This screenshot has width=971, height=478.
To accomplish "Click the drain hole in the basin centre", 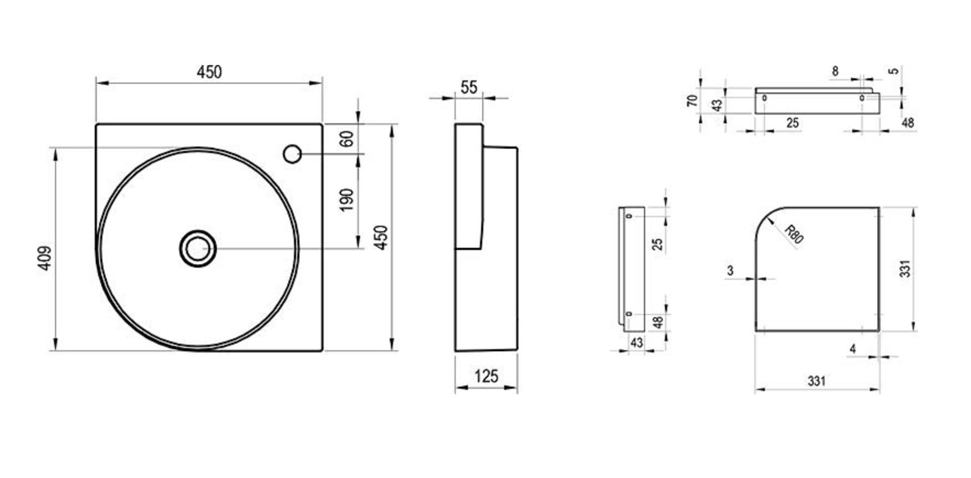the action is click(x=197, y=249).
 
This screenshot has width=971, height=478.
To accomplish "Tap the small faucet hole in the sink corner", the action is click(x=292, y=154).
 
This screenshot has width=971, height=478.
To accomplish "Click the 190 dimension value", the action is click(x=346, y=201).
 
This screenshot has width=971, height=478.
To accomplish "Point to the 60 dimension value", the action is click(x=346, y=139).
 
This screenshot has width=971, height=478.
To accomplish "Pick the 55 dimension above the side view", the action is click(x=469, y=88).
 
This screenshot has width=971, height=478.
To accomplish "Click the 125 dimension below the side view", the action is click(x=486, y=376).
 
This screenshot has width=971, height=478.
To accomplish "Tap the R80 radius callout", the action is click(x=794, y=234).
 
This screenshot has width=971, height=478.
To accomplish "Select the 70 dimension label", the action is click(x=692, y=100).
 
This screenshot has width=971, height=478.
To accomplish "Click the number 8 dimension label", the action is click(x=835, y=71).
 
